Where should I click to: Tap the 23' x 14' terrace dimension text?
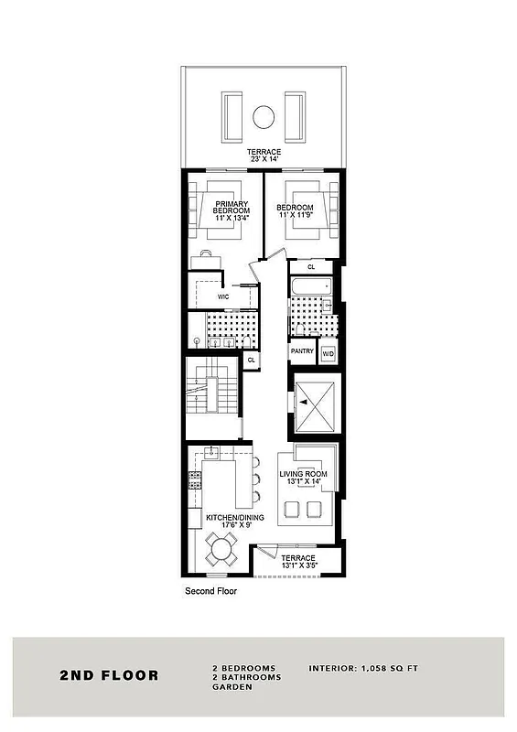[x=264, y=158]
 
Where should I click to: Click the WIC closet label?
[x=222, y=297]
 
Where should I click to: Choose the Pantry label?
[x=302, y=351]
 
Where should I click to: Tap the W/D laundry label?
[x=328, y=352]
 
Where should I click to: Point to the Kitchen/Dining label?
[x=234, y=518]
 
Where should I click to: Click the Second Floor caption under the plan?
[x=211, y=592]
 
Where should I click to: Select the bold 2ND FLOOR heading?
[x=109, y=676]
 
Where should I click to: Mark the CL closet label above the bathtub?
[x=311, y=266]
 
